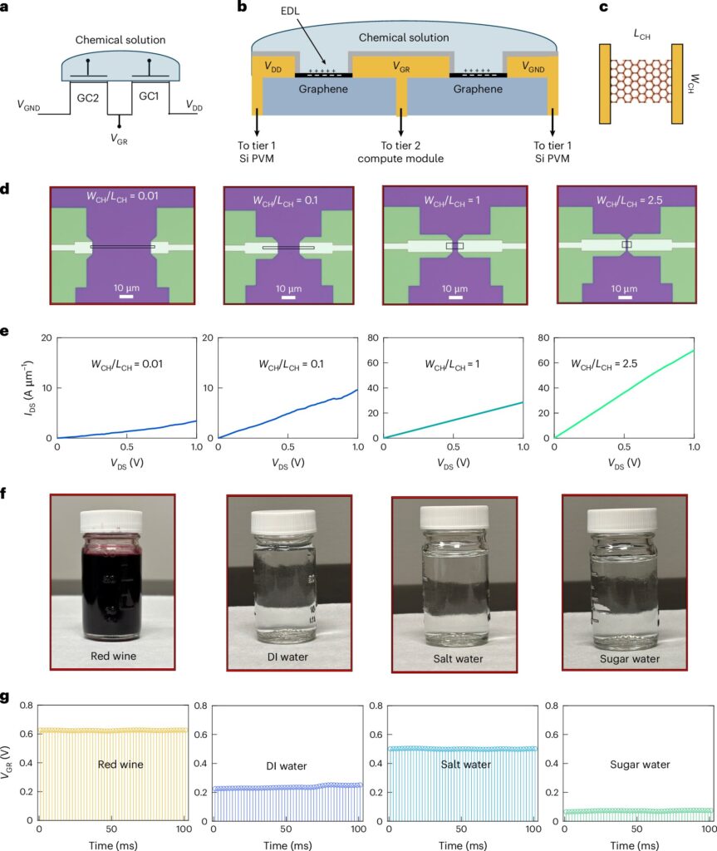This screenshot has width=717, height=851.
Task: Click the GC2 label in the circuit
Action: point(87,98)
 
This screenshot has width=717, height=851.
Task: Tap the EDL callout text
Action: point(290,11)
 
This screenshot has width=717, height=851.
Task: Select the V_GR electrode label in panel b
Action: point(401,66)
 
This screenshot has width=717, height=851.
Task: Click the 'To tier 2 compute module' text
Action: point(400,152)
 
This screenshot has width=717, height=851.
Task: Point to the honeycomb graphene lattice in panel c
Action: point(641,81)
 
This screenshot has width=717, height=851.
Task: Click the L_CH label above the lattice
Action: point(641,35)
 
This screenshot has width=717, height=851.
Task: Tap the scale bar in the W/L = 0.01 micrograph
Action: point(126,297)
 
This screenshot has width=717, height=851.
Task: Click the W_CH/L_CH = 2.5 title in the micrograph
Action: point(630,200)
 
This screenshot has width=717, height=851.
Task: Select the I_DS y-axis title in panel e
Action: point(27,388)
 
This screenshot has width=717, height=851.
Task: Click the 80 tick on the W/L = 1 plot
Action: point(372,337)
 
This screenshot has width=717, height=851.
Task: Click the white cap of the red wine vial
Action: point(111,522)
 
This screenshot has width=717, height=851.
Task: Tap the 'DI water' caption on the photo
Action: point(287,657)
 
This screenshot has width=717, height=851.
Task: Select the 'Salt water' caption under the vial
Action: point(458,659)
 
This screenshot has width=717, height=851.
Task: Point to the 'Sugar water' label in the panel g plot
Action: point(640,765)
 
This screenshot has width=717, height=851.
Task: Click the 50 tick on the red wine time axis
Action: point(111,829)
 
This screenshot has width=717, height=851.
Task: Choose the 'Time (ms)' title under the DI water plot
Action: point(287,845)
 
